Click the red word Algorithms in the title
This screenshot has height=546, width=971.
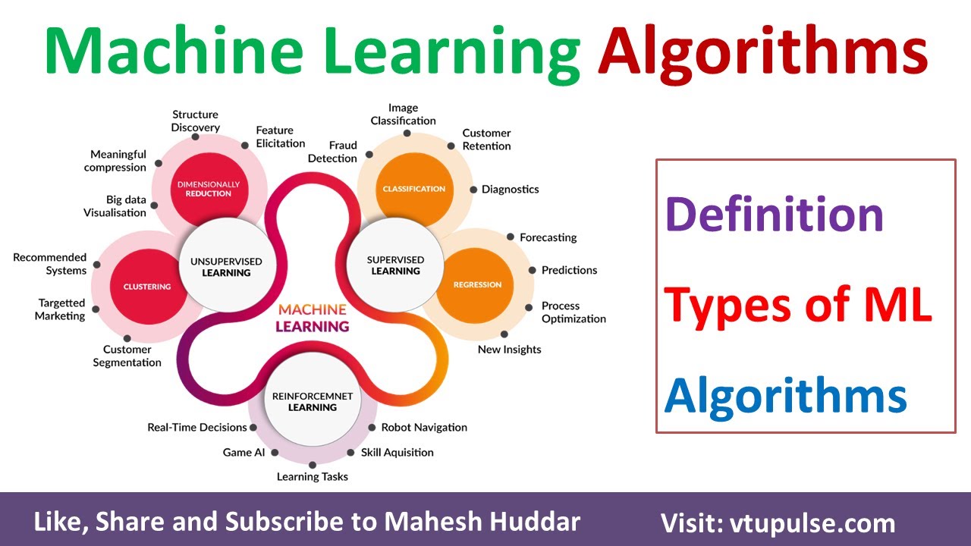[762, 52]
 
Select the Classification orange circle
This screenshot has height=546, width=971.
[413, 189]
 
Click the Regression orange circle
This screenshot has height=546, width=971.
[477, 284]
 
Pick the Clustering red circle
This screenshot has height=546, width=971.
[147, 287]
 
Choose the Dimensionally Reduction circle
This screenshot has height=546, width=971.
[208, 189]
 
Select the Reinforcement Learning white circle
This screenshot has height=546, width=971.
[312, 401]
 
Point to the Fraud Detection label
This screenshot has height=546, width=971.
[332, 152]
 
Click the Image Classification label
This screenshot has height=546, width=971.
[403, 115]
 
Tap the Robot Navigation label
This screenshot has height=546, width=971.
[423, 428]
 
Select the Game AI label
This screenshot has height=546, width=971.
[243, 453]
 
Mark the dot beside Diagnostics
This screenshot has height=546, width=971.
[473, 190]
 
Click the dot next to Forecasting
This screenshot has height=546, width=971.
[511, 237]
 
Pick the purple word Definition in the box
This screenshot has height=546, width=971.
[774, 215]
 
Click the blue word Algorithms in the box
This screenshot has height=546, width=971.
[785, 395]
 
